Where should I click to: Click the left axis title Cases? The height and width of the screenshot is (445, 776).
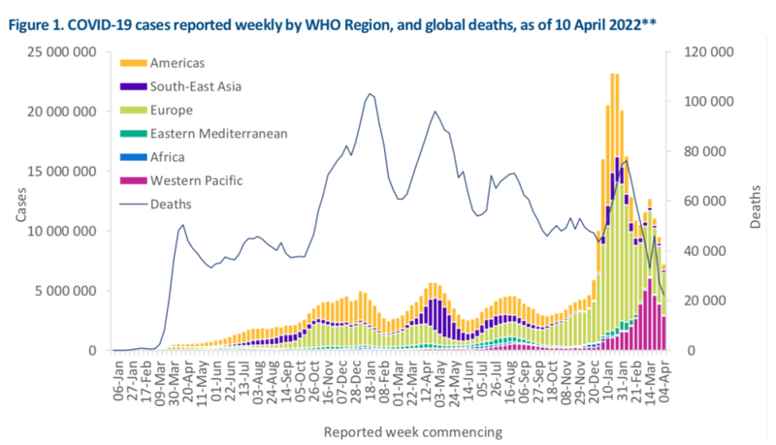pos(20,201)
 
